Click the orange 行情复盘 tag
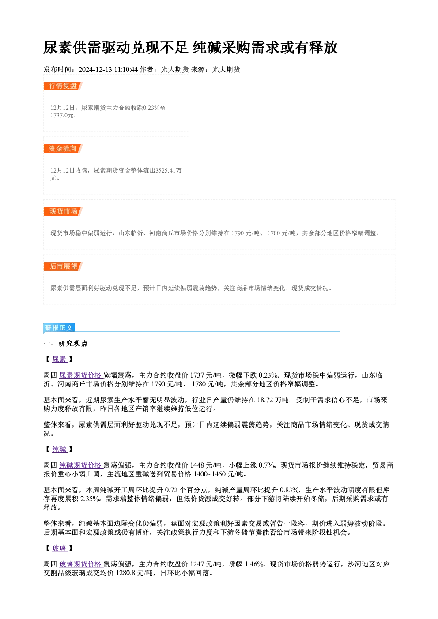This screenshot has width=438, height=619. (63, 86)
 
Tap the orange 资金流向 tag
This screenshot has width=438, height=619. (63, 149)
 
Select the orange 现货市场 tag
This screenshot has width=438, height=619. (63, 211)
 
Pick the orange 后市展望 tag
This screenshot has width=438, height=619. (63, 266)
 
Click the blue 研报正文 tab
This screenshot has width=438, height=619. (59, 328)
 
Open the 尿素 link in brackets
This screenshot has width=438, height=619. (60, 359)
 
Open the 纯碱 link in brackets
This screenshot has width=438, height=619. (60, 449)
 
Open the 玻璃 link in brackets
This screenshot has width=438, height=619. (60, 548)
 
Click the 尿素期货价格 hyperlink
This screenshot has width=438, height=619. (81, 375)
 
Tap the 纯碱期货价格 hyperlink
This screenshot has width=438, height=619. (81, 465)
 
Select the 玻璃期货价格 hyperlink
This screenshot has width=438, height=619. (81, 564)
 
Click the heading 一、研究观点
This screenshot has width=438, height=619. (65, 344)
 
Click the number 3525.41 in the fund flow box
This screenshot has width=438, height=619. (166, 170)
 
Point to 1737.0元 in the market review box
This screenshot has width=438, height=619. (62, 115)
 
